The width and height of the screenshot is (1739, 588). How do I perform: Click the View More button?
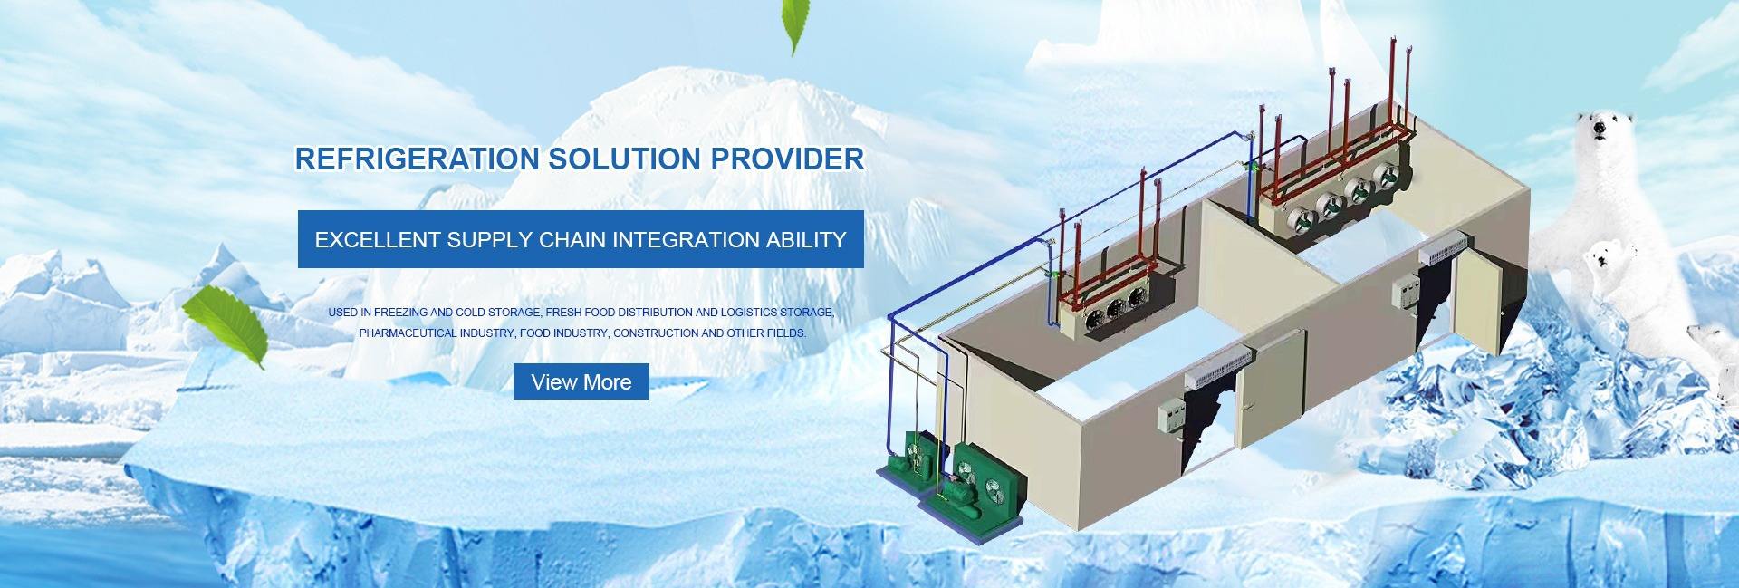(x=581, y=381)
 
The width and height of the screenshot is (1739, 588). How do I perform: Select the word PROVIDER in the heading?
(x=786, y=159)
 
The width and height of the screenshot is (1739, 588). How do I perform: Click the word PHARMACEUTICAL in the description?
(x=408, y=333)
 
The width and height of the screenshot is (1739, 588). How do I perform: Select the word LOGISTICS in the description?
(x=755, y=313)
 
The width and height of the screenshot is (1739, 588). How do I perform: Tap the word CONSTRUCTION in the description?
(x=655, y=333)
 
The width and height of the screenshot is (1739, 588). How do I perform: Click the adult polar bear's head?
(x=1602, y=130)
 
